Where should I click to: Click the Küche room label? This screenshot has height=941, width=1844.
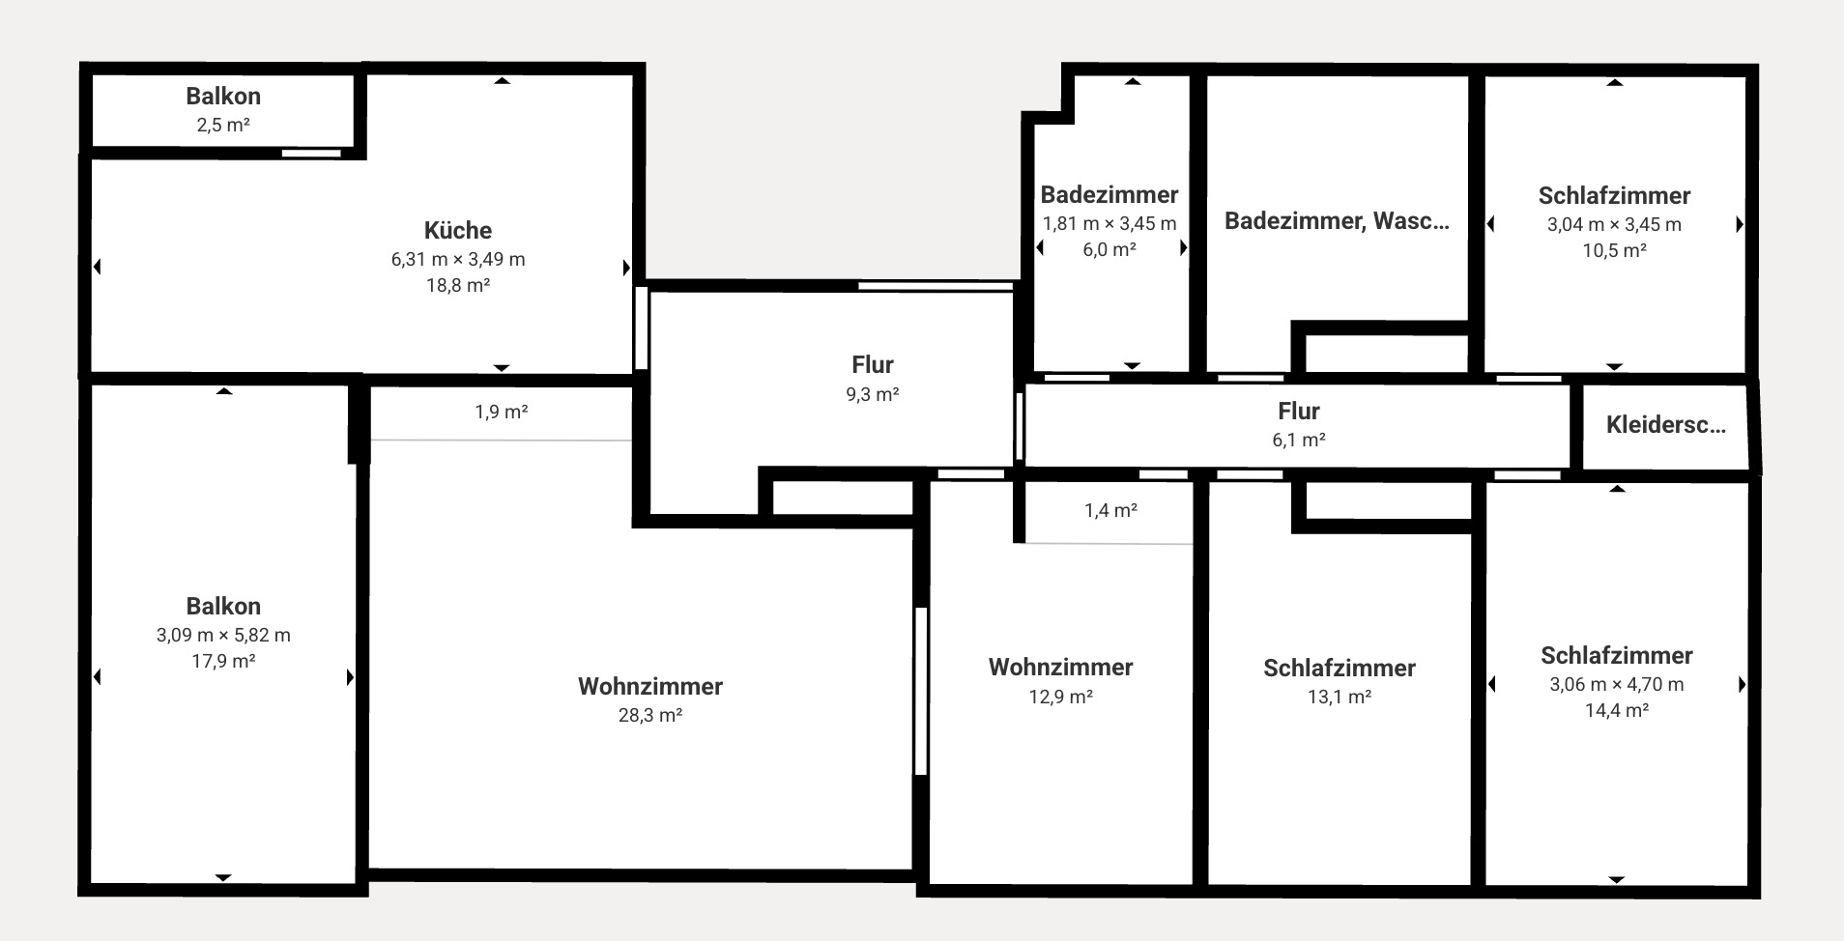[x=458, y=230]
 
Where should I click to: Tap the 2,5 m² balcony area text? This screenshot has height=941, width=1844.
[x=223, y=125]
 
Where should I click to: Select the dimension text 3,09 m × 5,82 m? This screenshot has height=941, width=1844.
[x=223, y=635]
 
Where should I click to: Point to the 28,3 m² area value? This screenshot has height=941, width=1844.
[x=650, y=715]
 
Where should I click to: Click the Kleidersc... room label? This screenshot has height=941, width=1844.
[x=1665, y=424]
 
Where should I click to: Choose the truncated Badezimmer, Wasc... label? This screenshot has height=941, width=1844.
[x=1337, y=220]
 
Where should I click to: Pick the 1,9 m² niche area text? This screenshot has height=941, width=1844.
[x=501, y=413]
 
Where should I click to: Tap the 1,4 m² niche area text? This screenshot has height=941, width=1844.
[x=1110, y=510]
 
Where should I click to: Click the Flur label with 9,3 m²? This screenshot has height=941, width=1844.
[x=872, y=364]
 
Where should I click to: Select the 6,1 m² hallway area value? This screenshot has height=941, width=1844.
[x=1298, y=440]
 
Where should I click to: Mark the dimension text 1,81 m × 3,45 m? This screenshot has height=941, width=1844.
[x=1109, y=223]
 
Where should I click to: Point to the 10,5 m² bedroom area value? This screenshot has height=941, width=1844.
[x=1614, y=249]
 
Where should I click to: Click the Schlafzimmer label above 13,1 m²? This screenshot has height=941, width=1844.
[x=1339, y=668]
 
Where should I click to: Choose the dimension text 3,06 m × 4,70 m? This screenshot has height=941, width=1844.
[x=1616, y=684]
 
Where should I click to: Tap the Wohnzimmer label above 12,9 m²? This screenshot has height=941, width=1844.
[x=1060, y=667]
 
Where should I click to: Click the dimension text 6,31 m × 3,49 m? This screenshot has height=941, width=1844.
[x=458, y=259]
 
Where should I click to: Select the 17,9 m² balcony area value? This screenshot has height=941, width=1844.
[x=223, y=661]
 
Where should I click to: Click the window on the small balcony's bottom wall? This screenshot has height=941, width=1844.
[x=311, y=153]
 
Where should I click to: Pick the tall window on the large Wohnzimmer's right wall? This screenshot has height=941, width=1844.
[x=921, y=691]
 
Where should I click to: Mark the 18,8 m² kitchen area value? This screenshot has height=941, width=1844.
[x=458, y=285]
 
